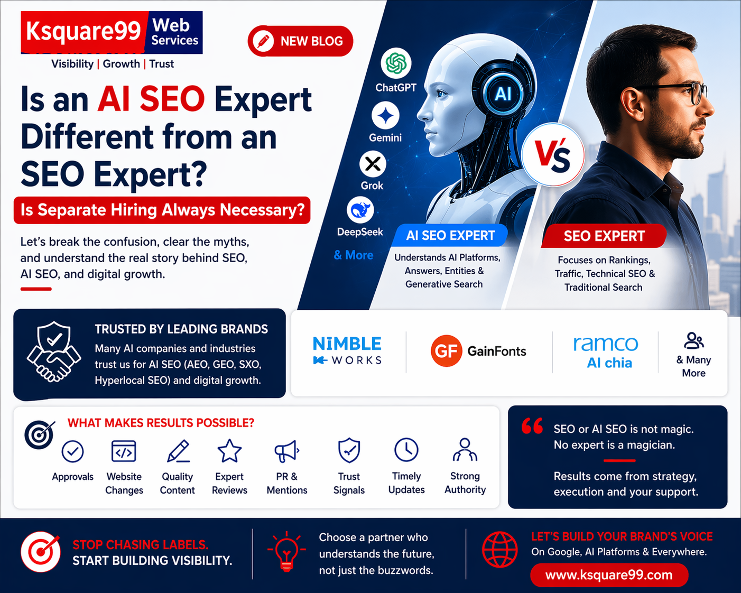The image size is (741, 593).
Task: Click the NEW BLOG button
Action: (300, 41)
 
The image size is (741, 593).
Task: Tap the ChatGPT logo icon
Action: (396, 63)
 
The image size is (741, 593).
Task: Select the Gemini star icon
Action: (385, 116)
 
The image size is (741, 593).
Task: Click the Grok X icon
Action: (373, 164)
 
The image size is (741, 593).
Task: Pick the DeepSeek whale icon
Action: (360, 210)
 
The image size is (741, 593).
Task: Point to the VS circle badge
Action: (553, 155)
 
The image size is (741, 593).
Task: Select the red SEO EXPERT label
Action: (604, 236)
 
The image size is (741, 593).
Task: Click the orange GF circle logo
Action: (446, 351)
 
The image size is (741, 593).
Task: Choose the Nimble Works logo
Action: (347, 350)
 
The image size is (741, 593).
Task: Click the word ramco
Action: (606, 344)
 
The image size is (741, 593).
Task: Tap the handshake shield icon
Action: (54, 352)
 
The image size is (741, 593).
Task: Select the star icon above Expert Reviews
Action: (229, 450)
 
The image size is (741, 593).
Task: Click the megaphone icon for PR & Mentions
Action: (286, 451)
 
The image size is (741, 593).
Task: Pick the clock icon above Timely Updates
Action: (406, 450)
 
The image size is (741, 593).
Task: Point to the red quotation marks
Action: (532, 425)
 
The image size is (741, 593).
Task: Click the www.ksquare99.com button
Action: (609, 575)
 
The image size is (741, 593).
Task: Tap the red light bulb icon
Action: (286, 552)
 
